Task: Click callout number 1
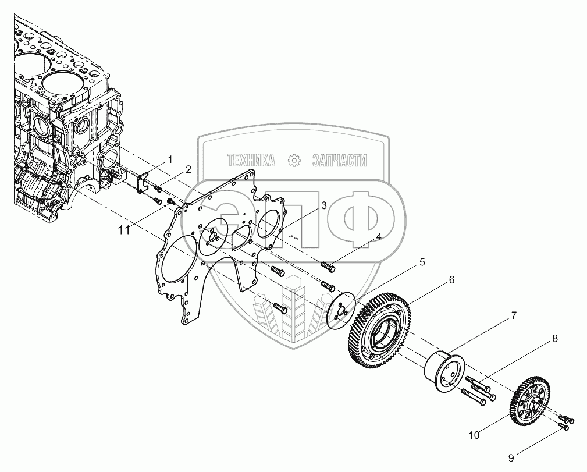pyautogui.click(x=170, y=159)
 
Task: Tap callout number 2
pyautogui.click(x=188, y=169)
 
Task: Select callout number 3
pyautogui.click(x=323, y=205)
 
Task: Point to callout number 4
pyautogui.click(x=379, y=237)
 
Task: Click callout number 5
pyautogui.click(x=422, y=262)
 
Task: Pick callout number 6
pyautogui.click(x=451, y=280)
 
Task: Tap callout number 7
pyautogui.click(x=514, y=316)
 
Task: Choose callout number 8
pyautogui.click(x=555, y=339)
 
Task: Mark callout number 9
pyautogui.click(x=511, y=458)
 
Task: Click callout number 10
pyautogui.click(x=474, y=435)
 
